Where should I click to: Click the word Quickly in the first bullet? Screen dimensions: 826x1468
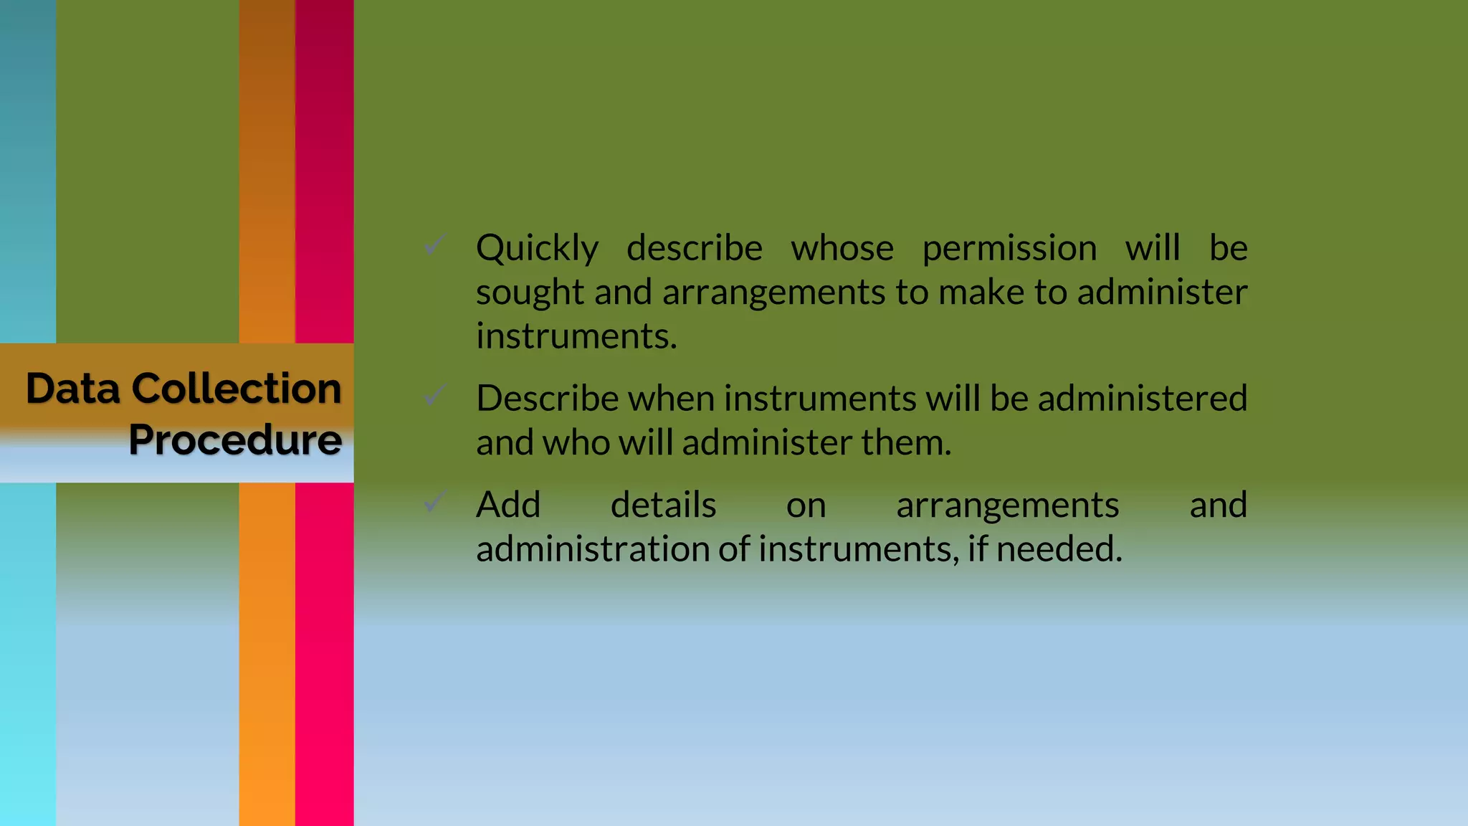(x=537, y=249)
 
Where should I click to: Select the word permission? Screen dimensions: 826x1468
(x=1009, y=249)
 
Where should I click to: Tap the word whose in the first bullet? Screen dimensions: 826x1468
(x=842, y=248)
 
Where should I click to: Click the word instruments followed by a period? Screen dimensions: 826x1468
(x=576, y=336)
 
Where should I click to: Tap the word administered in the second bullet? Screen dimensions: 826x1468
(x=1143, y=398)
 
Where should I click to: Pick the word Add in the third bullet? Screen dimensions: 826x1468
(x=508, y=505)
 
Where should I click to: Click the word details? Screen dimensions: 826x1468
(x=663, y=505)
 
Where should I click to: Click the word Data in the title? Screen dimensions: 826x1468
(x=73, y=389)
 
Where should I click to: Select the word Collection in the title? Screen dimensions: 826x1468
(x=237, y=389)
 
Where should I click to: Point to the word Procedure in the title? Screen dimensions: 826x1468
(x=235, y=440)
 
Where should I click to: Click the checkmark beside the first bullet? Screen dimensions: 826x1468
(x=435, y=245)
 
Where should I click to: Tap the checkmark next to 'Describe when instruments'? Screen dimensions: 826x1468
(x=435, y=394)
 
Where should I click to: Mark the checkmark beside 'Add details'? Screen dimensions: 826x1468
(x=435, y=501)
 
